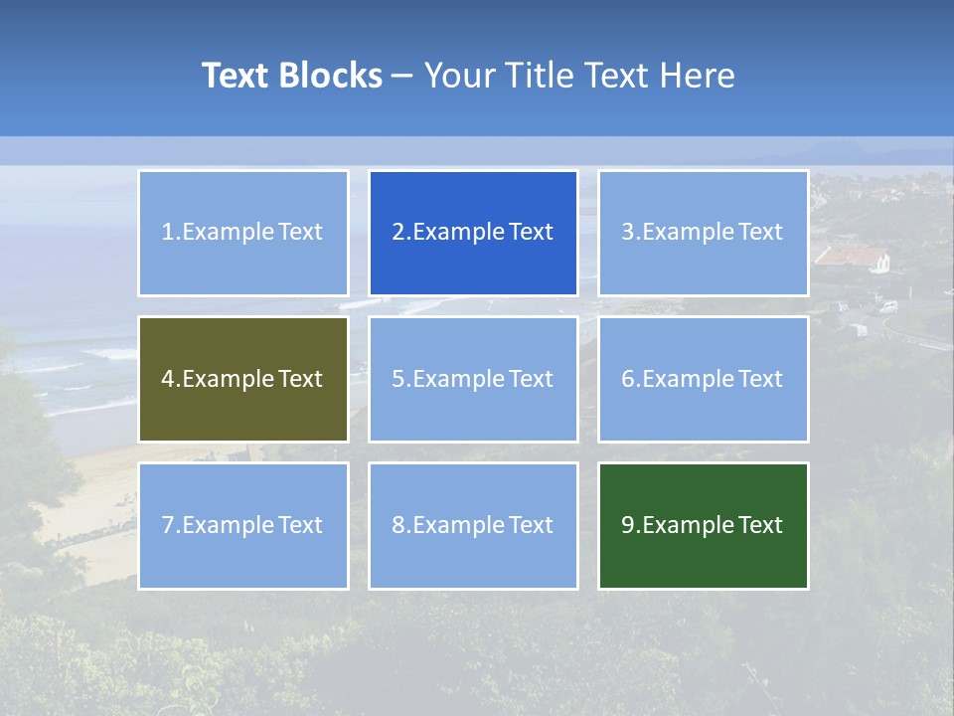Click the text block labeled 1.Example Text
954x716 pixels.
click(242, 233)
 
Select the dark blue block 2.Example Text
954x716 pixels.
click(473, 233)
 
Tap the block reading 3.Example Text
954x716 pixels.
click(703, 233)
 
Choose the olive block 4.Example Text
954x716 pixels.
click(242, 379)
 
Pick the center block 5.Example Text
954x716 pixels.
click(473, 379)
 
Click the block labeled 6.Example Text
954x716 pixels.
click(703, 379)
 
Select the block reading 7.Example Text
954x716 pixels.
click(242, 525)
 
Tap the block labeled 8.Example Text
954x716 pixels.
click(473, 525)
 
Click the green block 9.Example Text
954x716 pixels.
click(703, 525)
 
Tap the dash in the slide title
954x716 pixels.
click(402, 76)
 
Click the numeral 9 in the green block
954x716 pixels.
click(628, 525)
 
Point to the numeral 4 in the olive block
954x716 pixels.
click(168, 379)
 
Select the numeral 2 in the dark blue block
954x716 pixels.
click(398, 233)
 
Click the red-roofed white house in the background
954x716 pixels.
click(855, 259)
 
